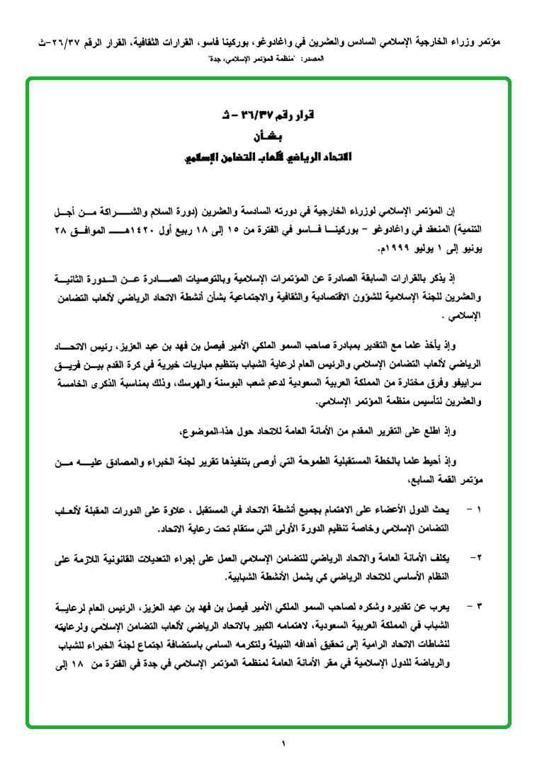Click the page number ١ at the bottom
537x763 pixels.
(x=282, y=743)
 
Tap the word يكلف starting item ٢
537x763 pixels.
(x=446, y=558)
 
